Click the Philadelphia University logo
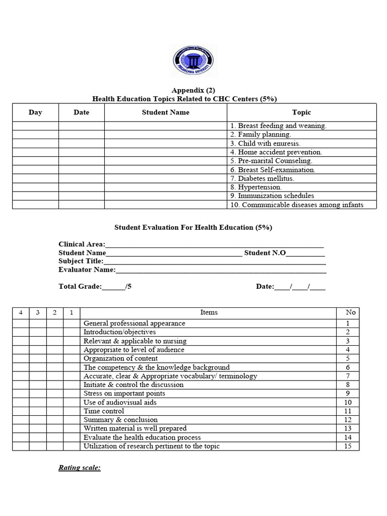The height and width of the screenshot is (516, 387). (193, 62)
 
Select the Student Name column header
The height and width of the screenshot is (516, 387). (165, 112)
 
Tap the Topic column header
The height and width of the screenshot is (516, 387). (301, 112)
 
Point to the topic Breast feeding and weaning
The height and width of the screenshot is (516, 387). (278, 126)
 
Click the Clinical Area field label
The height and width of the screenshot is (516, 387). (82, 244)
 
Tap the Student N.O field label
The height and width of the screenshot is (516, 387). (265, 253)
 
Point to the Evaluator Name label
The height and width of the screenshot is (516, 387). (87, 270)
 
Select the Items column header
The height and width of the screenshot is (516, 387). (209, 312)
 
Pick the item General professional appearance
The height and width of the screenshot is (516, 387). (134, 324)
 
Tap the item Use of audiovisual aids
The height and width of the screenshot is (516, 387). (120, 402)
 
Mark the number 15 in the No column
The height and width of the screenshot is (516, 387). (348, 446)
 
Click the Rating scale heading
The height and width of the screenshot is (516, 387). (80, 468)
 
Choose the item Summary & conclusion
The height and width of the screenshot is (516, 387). (120, 420)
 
